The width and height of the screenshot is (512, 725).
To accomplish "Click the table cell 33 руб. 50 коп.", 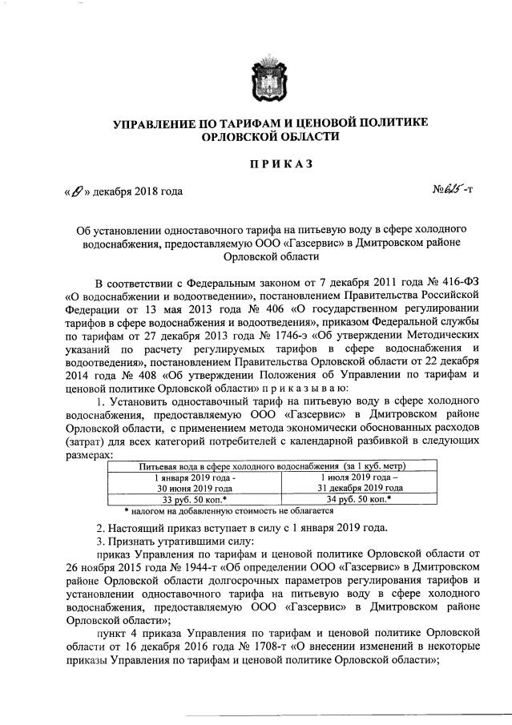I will [196, 498].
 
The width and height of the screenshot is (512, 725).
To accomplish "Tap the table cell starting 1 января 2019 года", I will [196, 481].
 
